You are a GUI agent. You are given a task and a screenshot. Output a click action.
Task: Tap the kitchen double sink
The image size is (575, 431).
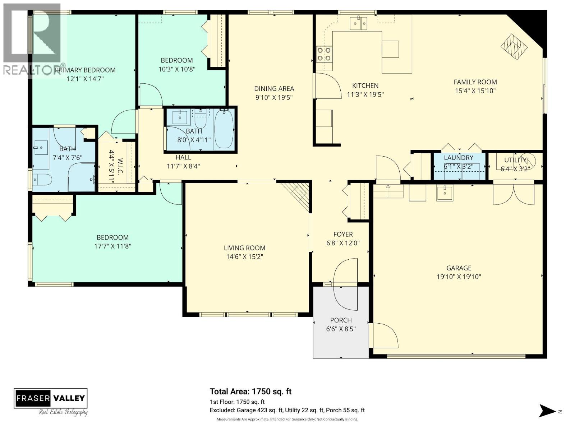coord(358,23)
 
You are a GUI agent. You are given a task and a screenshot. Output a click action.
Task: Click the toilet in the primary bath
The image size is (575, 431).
coord(42,179)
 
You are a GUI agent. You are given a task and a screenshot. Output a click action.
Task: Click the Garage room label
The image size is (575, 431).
coord(459,268)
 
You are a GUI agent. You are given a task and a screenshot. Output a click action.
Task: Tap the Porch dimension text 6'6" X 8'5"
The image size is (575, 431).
coord(341,329)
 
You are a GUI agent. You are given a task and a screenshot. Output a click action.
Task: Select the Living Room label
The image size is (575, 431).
coord(244,248)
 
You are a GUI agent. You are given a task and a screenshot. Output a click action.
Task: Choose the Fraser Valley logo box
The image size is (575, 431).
coord(51,398)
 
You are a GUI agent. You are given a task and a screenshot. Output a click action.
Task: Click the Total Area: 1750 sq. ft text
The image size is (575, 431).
coord(250,391)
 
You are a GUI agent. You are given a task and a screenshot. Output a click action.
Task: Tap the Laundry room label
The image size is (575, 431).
coord(458,158)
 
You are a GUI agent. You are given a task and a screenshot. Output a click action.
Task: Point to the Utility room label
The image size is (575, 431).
coord(515,160)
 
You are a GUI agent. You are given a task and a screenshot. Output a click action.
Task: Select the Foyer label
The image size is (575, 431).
coord(343,234)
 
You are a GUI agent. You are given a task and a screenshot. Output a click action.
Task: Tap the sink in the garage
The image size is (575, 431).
coord(445,193)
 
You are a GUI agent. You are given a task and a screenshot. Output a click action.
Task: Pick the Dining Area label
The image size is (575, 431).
coord(274,88)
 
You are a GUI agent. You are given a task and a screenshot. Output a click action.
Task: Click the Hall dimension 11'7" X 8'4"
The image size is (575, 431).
coord(183,166)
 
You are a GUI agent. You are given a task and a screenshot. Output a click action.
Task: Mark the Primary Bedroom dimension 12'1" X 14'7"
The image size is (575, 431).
coord(85,79)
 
